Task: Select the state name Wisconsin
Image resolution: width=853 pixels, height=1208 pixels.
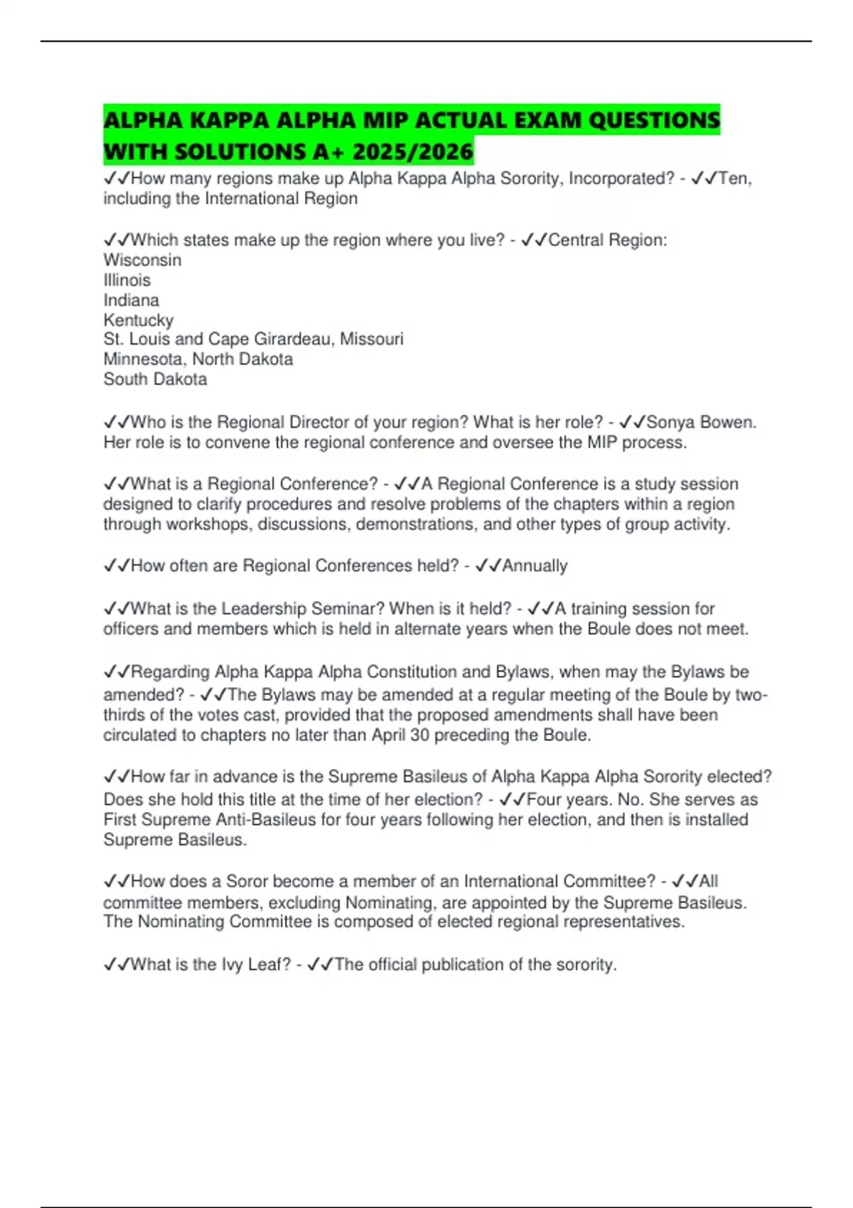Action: tap(142, 260)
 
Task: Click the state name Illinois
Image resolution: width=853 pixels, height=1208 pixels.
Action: tap(127, 280)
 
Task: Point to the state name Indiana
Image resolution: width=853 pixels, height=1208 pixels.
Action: tap(131, 300)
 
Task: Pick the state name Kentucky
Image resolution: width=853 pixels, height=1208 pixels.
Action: tap(138, 320)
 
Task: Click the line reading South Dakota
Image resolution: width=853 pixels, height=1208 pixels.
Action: tap(155, 379)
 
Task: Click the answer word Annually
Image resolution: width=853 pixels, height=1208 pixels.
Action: tap(535, 566)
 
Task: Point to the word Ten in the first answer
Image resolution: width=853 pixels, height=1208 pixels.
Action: tap(734, 178)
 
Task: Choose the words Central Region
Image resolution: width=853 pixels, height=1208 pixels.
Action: tap(606, 240)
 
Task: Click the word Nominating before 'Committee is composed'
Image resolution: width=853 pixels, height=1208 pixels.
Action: tap(181, 922)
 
